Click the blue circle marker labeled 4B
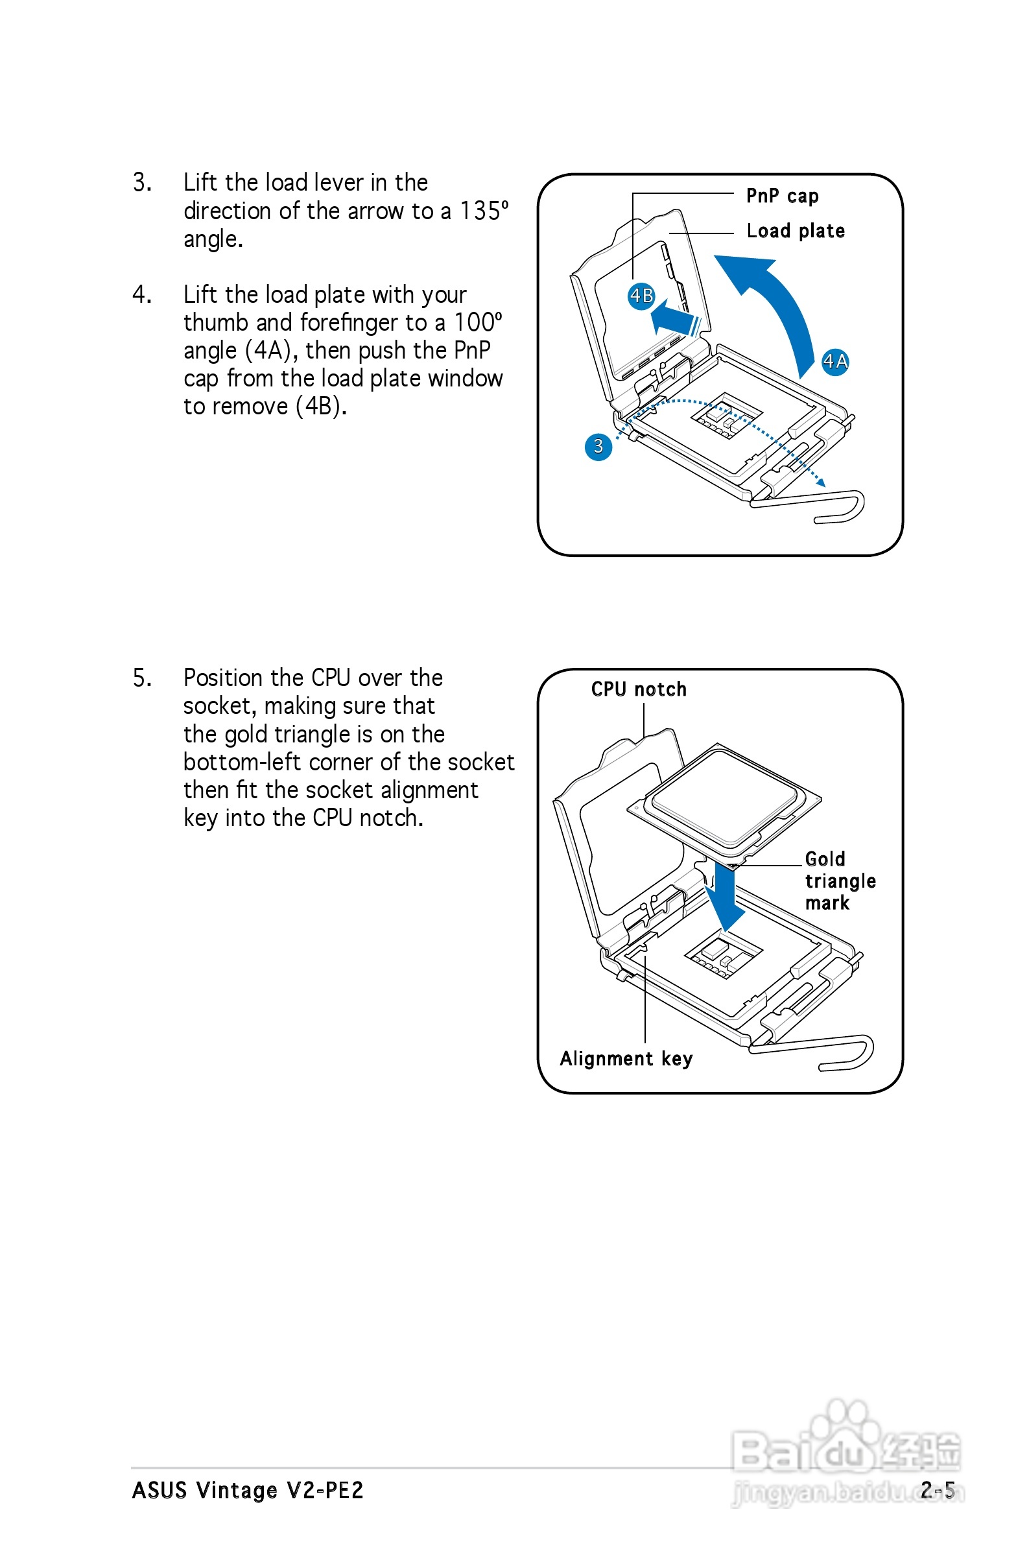pyautogui.click(x=641, y=296)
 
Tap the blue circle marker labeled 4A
pyautogui.click(x=834, y=361)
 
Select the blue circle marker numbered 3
pyautogui.click(x=598, y=447)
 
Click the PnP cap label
pyautogui.click(x=782, y=196)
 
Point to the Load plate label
pyautogui.click(x=796, y=231)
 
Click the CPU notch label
pyautogui.click(x=639, y=689)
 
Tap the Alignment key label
pyautogui.click(x=626, y=1058)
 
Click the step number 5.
pyautogui.click(x=142, y=678)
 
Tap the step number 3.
pyautogui.click(x=142, y=182)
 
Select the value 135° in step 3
pyautogui.click(x=484, y=211)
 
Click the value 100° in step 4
pyautogui.click(x=478, y=322)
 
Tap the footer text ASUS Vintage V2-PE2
pyautogui.click(x=248, y=1490)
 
